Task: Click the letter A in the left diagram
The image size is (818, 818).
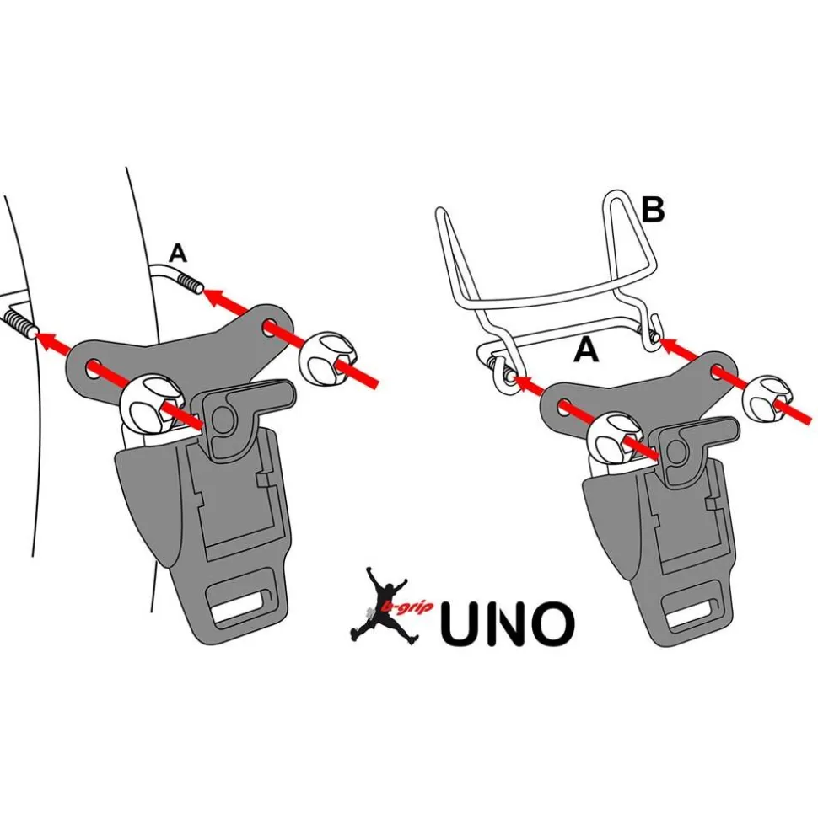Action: coord(178,252)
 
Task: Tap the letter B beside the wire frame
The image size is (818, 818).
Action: coord(652,211)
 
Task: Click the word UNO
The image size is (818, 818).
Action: coord(507,623)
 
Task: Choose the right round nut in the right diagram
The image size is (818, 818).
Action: coord(767,398)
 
